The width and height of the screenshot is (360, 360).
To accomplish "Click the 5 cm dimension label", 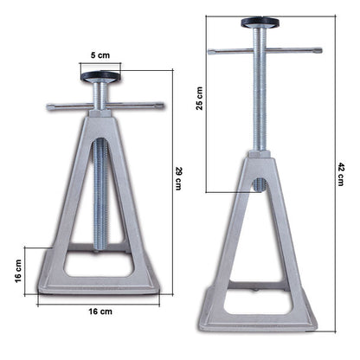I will [x=102, y=55].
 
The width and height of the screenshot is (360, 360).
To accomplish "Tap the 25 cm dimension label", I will [x=200, y=101].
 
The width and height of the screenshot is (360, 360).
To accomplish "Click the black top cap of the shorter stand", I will [x=101, y=76].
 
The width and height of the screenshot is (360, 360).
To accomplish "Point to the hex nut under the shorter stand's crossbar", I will [x=101, y=102].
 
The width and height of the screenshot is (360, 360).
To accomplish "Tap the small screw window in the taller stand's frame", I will [x=259, y=184].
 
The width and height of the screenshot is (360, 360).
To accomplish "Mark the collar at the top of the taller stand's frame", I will [x=258, y=156].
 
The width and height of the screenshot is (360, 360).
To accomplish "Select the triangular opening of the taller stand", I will [x=258, y=242].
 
